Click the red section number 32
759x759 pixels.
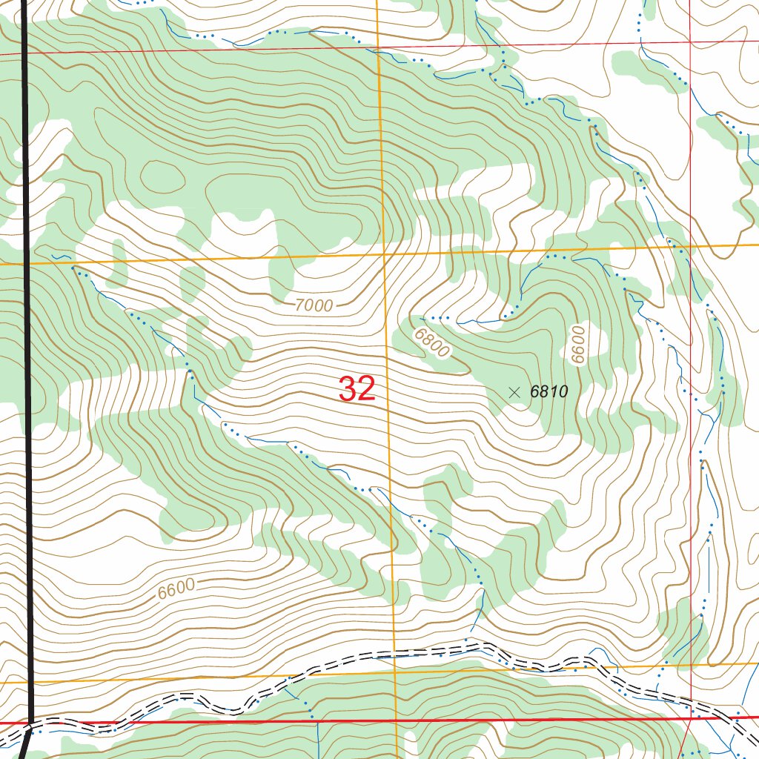coord(357,389)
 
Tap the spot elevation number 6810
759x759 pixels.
coord(548,392)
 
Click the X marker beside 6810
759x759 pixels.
coord(514,392)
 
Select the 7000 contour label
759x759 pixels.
coord(314,304)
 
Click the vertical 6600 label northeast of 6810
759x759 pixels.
coord(578,345)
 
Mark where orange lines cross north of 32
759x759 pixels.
coord(385,255)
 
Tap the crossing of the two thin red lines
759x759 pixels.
coord(691,43)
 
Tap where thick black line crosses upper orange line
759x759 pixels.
coord(27,262)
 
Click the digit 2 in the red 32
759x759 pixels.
coord(367,389)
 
